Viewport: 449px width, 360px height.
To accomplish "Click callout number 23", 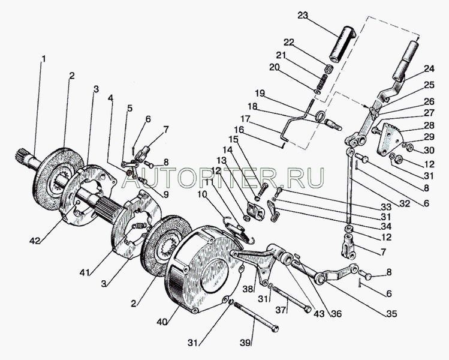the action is (x=302, y=15).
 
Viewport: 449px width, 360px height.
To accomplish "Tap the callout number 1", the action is (x=44, y=59).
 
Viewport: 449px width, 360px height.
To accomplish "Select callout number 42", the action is (x=35, y=241).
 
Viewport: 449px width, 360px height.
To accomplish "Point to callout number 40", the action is (x=162, y=322).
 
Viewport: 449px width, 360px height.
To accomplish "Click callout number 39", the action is (x=245, y=343).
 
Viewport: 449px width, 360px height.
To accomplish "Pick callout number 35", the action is (x=391, y=314).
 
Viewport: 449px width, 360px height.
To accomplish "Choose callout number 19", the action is (x=260, y=94).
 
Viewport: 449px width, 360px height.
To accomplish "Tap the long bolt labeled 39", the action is (x=256, y=316).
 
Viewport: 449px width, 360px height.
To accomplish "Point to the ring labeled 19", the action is (x=320, y=116).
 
